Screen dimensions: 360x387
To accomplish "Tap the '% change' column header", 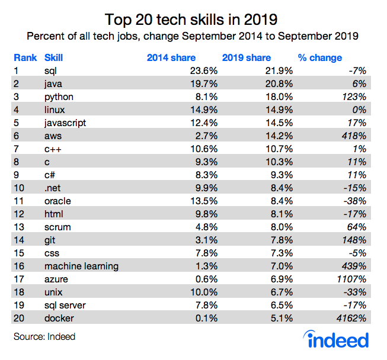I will pos(319,57).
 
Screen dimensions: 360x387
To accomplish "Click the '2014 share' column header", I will pos(169,57).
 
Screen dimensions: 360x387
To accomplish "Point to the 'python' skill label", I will pos(58,97).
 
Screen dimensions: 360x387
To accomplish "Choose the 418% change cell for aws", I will pos(354,136).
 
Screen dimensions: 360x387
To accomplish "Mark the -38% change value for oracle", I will pos(354,201).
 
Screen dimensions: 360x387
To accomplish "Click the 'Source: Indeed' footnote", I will pos(44,337).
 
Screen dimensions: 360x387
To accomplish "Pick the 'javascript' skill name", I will pos(65,123).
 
